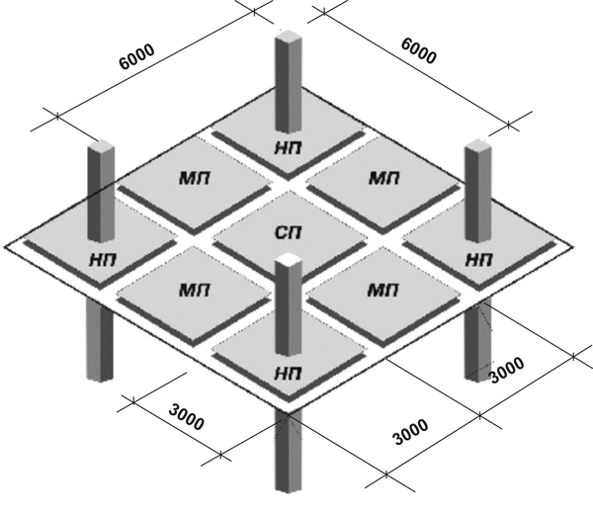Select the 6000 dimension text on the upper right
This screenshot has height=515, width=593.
[x=417, y=51]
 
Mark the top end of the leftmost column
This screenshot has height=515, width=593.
[x=100, y=148]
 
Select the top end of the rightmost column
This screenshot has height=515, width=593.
[x=477, y=146]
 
